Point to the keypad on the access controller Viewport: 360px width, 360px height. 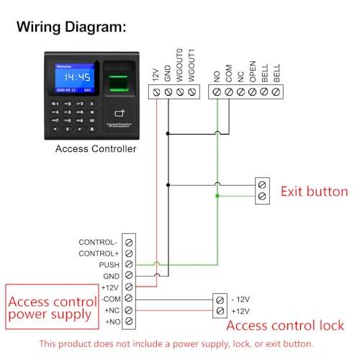[70, 117]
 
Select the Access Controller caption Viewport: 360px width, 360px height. [96, 149]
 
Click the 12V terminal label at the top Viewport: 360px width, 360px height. [156, 75]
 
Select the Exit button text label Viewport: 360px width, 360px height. [314, 192]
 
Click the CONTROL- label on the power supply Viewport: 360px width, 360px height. [99, 243]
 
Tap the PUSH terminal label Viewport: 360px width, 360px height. [109, 265]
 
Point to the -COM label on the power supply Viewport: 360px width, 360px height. [109, 298]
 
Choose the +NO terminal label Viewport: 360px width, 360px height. [111, 320]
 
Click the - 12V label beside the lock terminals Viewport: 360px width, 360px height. [243, 299]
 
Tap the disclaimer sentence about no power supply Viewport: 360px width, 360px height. [176, 344]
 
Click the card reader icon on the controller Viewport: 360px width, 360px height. [120, 114]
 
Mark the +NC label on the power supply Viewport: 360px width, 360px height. [111, 310]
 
